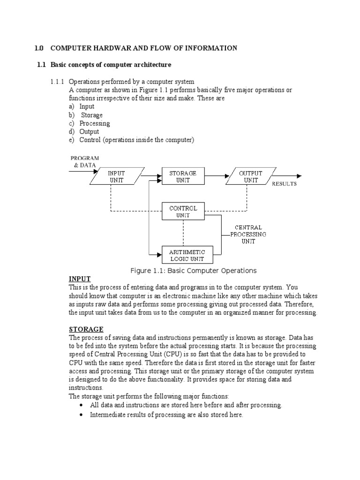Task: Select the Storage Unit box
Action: (x=183, y=177)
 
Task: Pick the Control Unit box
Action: (x=183, y=211)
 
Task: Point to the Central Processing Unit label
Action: (x=248, y=234)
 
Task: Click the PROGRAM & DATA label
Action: (x=85, y=162)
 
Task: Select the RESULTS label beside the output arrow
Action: (x=285, y=184)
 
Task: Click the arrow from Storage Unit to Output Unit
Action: (x=216, y=177)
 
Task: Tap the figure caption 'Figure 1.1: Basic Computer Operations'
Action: (x=193, y=270)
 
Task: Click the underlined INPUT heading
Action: (x=80, y=279)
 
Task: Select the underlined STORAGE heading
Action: (x=86, y=330)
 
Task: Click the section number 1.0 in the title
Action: (x=39, y=48)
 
